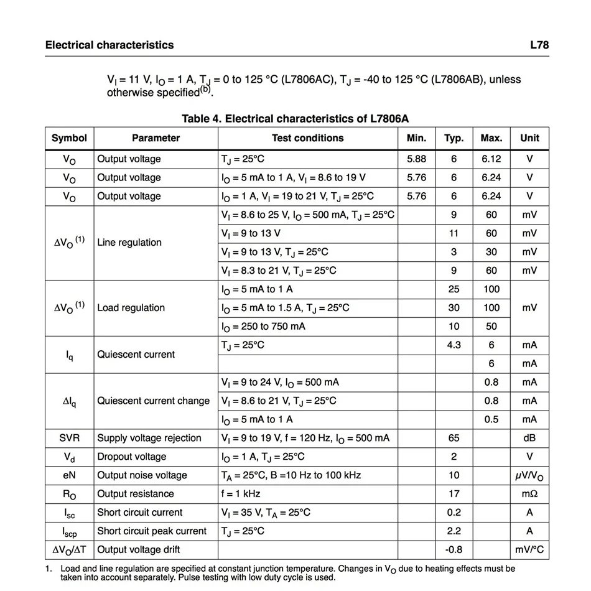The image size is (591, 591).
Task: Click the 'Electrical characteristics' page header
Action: (109, 45)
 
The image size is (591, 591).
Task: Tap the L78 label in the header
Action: (539, 45)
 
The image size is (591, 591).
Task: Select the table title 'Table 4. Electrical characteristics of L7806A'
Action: (295, 119)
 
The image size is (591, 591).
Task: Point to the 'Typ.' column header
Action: (454, 138)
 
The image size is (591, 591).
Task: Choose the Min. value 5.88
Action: (416, 159)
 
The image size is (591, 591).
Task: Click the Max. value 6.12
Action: (491, 159)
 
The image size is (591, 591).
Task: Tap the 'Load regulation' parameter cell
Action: (131, 308)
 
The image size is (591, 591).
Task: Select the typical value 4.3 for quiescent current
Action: (454, 345)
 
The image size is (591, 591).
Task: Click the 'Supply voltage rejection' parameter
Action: (149, 438)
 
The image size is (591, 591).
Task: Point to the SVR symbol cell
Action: (69, 438)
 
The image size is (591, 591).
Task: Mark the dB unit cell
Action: (529, 438)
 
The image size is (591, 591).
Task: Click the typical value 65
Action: (454, 438)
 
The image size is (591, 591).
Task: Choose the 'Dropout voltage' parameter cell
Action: (132, 457)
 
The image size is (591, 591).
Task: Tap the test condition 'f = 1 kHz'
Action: (241, 494)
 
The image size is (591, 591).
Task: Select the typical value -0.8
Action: (454, 550)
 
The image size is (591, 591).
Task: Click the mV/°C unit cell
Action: (529, 550)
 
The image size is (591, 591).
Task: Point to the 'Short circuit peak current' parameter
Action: (152, 531)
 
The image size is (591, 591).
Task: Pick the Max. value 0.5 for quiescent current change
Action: (491, 419)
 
